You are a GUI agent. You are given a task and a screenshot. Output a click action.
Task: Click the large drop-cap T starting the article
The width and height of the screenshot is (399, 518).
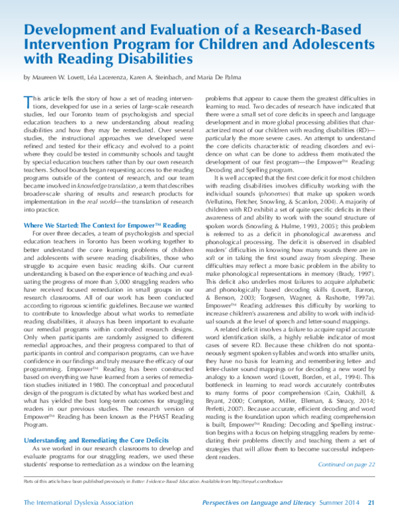(x=27, y=100)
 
